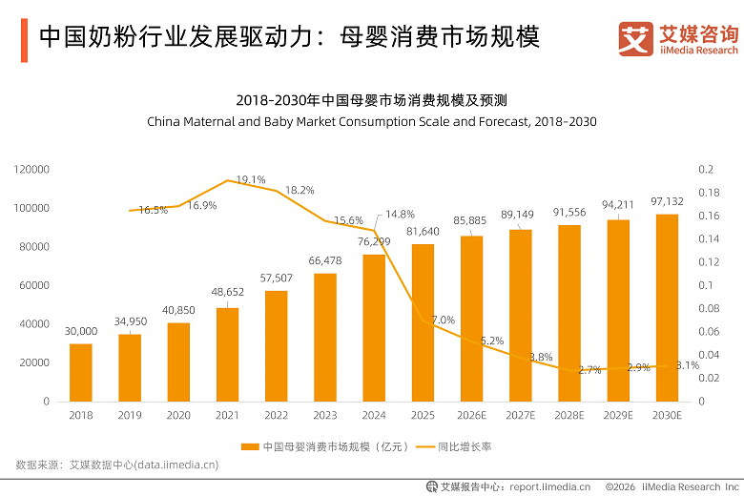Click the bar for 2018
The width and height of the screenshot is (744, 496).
coord(81,373)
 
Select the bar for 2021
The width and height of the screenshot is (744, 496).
coord(227,355)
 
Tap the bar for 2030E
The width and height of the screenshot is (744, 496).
coord(667,308)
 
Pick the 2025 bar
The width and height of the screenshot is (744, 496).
coord(423,322)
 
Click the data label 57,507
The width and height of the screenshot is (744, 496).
coord(277,279)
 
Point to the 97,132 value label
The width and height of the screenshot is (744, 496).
coord(667,201)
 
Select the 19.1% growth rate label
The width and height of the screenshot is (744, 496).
coord(251,180)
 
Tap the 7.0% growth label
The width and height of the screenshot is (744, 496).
coord(444,320)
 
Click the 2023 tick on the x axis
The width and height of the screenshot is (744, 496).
coord(325,415)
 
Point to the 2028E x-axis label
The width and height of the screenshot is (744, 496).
coord(569,415)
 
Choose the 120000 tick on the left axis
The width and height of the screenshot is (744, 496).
coord(31,170)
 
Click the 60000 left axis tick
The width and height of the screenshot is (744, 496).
coord(34,285)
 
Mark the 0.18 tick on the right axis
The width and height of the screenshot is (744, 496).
coord(709,193)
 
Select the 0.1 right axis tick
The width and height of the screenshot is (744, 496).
coord(706,285)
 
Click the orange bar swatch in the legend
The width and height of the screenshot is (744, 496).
coord(250,446)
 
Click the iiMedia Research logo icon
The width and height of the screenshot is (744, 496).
coord(636,39)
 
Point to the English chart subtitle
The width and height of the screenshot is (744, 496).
coord(372,122)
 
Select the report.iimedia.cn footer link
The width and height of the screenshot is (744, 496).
coord(550,487)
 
